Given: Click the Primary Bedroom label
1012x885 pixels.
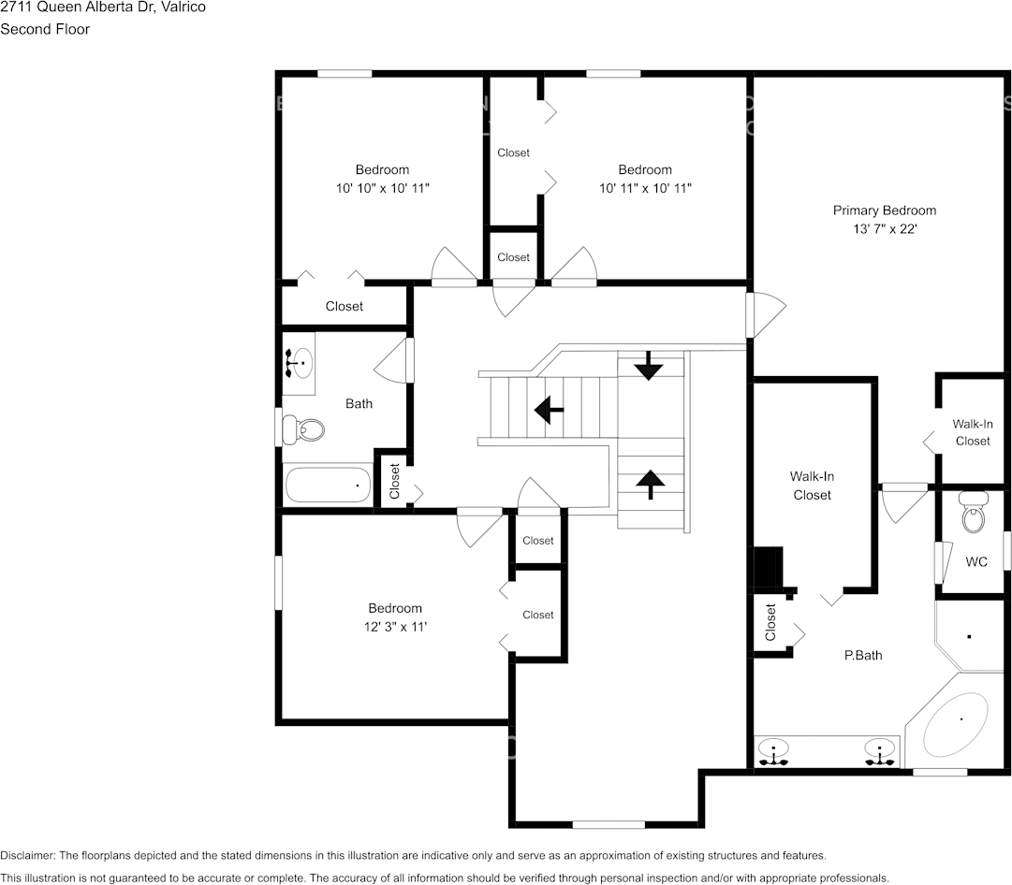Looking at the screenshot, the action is tap(884, 210).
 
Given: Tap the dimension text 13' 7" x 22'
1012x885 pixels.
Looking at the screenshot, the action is tap(884, 229).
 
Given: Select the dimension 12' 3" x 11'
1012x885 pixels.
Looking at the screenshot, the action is tap(395, 627).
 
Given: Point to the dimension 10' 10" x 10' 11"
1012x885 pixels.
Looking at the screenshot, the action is tap(382, 188).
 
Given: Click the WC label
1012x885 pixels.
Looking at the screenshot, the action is tap(976, 562).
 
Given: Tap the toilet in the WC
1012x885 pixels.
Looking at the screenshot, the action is tap(974, 512).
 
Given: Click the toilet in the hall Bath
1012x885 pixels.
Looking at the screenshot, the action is tap(303, 429).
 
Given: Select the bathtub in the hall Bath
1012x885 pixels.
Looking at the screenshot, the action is tap(328, 486).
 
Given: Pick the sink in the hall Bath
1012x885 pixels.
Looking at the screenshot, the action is tap(299, 363).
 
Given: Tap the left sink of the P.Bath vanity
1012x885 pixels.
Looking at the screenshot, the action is tap(772, 752).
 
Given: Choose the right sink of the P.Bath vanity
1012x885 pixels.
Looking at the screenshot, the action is tap(879, 752).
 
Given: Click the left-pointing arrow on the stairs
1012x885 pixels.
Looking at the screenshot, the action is tap(549, 410).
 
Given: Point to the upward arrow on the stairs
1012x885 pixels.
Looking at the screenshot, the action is tap(650, 485).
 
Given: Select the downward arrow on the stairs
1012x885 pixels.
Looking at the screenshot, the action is tap(648, 366).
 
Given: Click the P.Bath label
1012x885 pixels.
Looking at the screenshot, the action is tap(863, 656).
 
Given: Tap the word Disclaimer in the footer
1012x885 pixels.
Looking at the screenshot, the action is tap(27, 855).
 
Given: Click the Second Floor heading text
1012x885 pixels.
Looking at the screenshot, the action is tap(45, 29).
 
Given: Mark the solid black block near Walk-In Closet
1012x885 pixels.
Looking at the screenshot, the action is tap(768, 568).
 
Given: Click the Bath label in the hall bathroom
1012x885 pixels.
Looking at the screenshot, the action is tap(359, 404).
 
